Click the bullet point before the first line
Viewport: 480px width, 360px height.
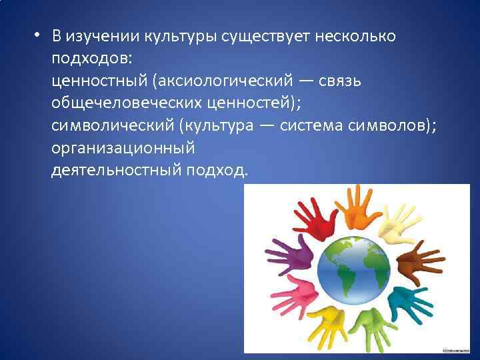tap(38, 36)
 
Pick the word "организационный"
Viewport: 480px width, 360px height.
tap(122, 149)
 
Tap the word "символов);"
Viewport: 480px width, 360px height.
tap(393, 126)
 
